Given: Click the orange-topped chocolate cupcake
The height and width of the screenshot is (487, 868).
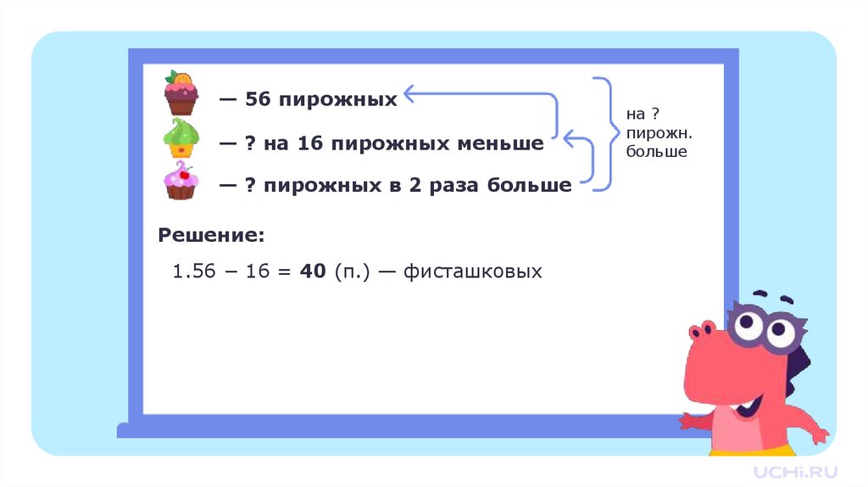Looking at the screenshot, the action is click(x=181, y=93).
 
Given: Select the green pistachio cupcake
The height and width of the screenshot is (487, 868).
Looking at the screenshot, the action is click(x=181, y=138).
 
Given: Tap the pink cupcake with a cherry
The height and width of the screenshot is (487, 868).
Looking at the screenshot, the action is click(x=181, y=182).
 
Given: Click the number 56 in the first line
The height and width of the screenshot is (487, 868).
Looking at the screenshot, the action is click(x=258, y=100).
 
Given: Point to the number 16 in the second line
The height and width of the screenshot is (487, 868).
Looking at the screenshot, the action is click(x=311, y=144).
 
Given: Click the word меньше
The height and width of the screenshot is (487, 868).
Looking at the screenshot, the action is click(x=504, y=144).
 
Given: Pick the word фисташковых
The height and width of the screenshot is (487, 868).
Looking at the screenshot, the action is click(x=472, y=272).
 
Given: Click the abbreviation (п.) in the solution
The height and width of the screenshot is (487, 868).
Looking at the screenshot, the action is click(x=349, y=272).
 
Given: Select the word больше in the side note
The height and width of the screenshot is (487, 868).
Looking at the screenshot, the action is click(x=657, y=152).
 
